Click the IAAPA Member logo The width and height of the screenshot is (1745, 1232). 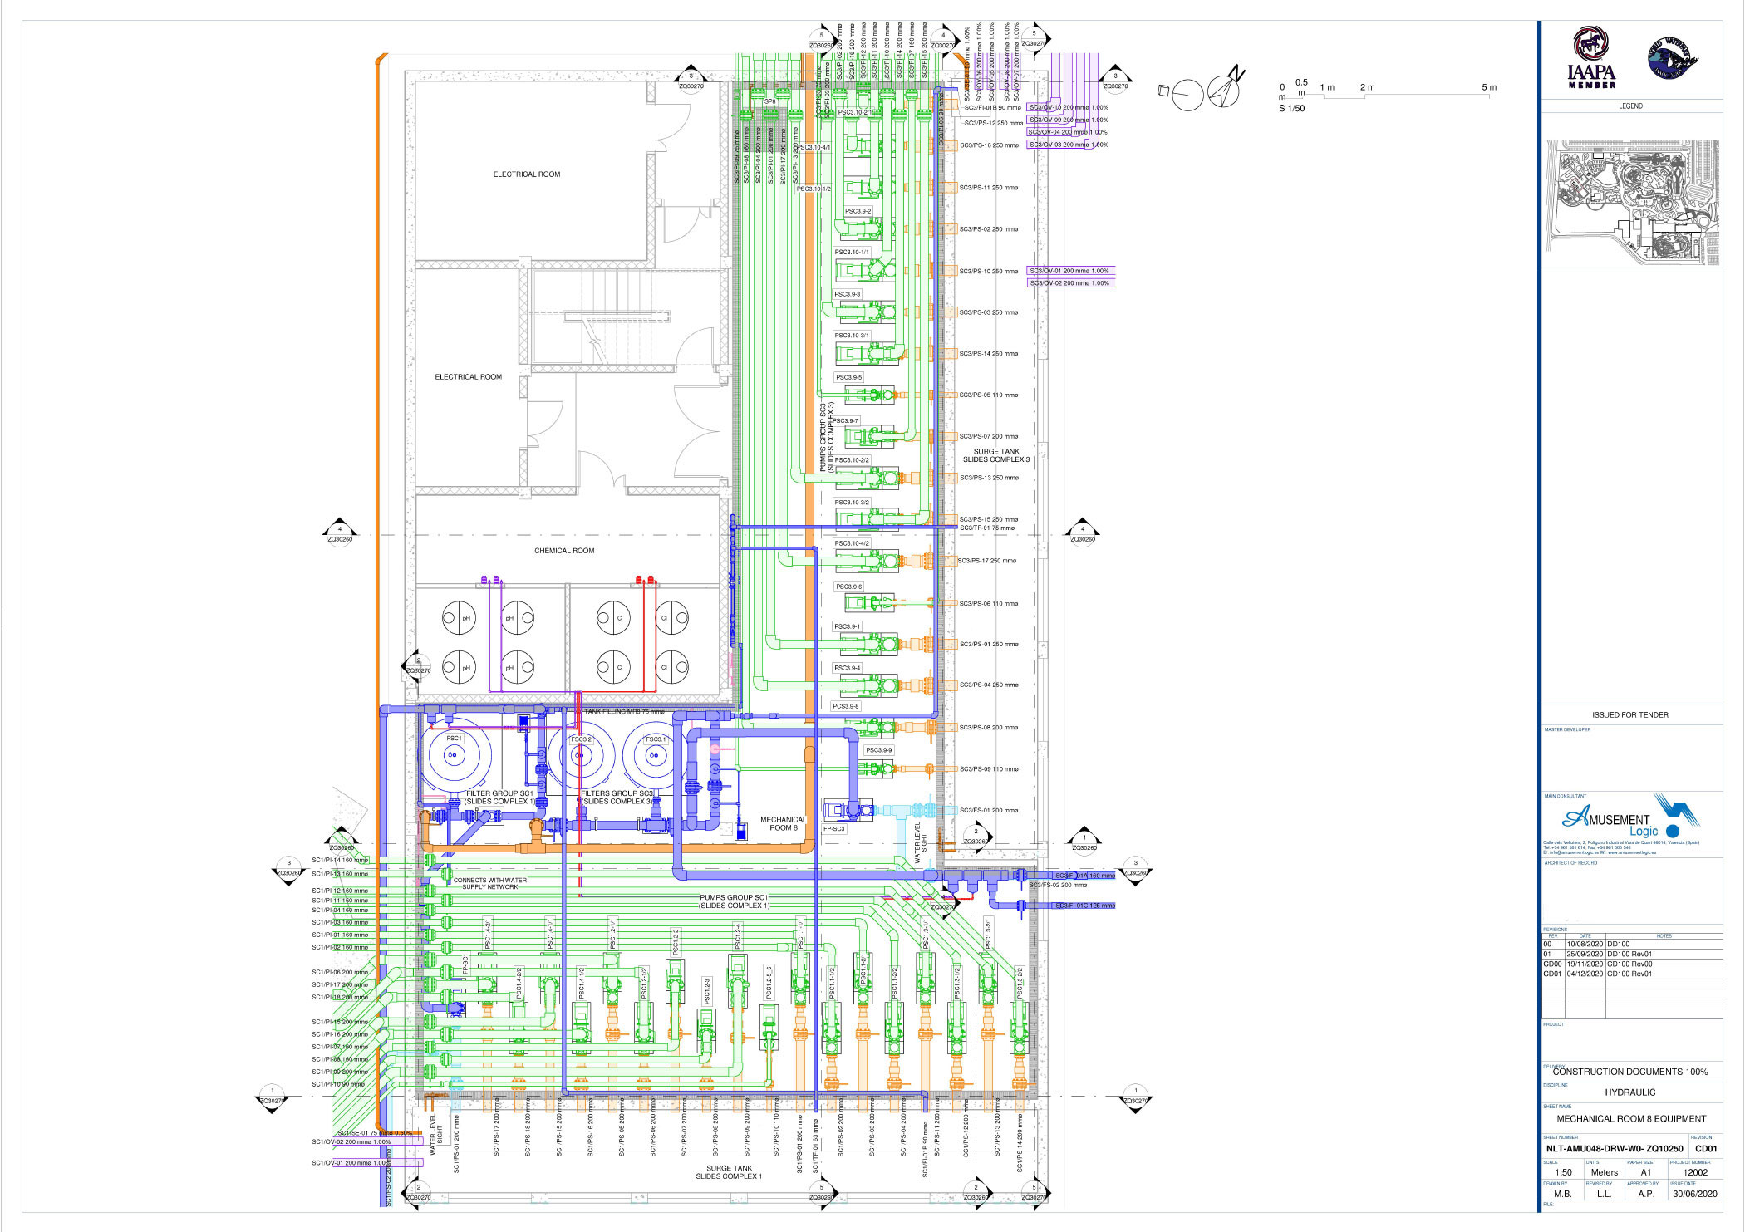pos(1591,58)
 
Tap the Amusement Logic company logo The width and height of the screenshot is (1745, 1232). pos(1620,819)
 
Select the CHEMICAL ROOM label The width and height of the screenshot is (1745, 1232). pos(564,551)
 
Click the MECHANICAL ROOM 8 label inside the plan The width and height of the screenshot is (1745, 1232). pos(783,823)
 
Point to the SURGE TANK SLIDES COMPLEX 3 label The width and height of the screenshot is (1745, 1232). pos(995,455)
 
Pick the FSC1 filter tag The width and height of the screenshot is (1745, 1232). pos(454,738)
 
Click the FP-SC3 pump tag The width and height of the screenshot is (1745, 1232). pos(833,828)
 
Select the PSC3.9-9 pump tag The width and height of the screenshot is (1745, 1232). pos(878,750)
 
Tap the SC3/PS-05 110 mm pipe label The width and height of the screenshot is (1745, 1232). pos(988,395)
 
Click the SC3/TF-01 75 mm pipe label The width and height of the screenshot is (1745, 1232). pos(986,528)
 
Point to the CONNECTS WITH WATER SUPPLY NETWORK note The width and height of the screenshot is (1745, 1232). pos(489,883)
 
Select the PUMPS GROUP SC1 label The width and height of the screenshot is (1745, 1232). pos(734,901)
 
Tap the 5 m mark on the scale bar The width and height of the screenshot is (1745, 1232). pos(1488,87)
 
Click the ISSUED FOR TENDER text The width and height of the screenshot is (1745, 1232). pos(1629,714)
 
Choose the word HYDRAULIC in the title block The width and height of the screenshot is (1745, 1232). pos(1629,1092)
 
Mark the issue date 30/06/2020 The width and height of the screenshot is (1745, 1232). pos(1694,1194)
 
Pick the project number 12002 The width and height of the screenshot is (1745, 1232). pos(1695,1172)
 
